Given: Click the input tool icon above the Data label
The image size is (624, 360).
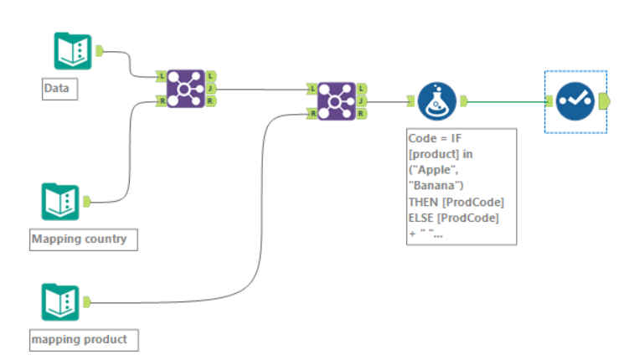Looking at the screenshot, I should point(73,51).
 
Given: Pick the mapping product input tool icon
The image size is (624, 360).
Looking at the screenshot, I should point(60,302).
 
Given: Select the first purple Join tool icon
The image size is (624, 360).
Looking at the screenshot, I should point(185,88).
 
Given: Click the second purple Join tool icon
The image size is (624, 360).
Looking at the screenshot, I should point(336,100).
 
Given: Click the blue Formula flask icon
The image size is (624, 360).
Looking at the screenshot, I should point(436,101).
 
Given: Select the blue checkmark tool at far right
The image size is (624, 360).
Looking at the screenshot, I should point(575,101).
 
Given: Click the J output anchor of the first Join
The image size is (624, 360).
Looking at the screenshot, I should point(210,88).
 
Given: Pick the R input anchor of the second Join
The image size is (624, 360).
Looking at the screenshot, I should point(312,113).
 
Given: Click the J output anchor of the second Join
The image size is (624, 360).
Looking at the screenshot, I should point(361,100).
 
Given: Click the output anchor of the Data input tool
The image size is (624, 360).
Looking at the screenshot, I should point(99,51).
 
